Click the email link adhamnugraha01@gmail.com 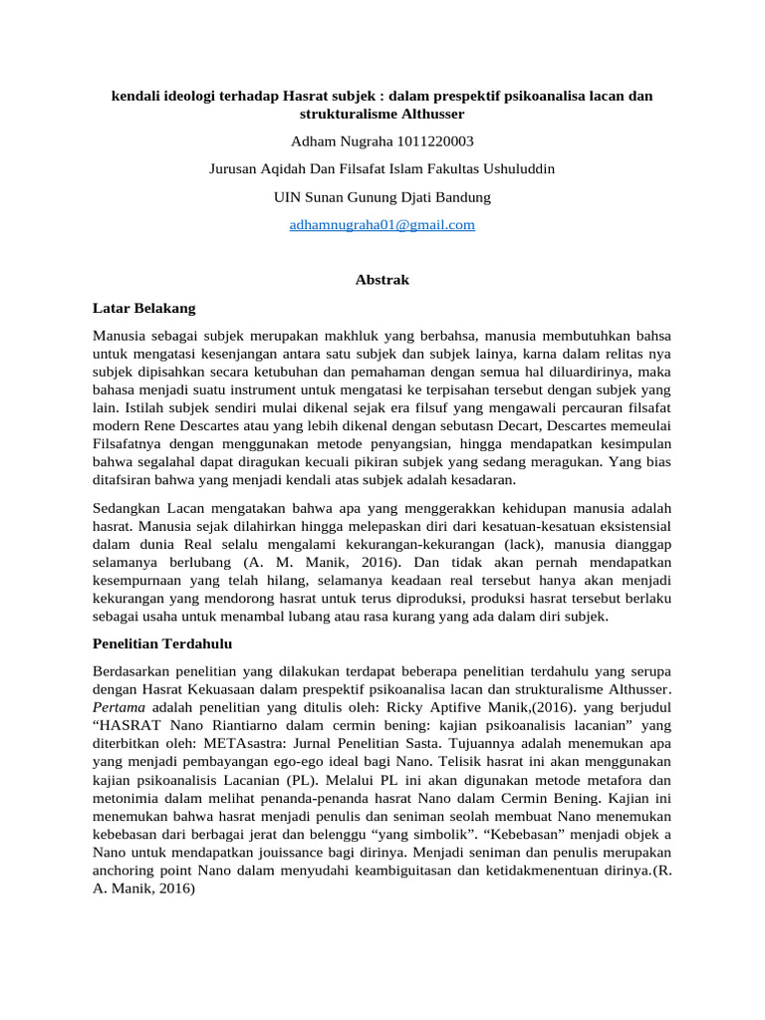coord(382,225)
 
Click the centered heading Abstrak coord(382,280)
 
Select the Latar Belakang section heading coord(143,308)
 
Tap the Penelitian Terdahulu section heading coord(160,643)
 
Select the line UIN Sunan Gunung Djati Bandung coord(382,197)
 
